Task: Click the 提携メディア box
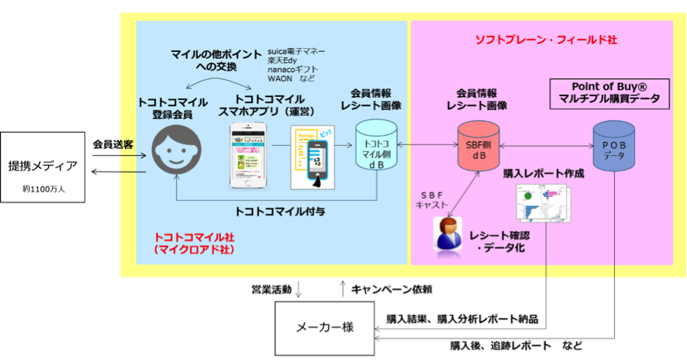coord(43,167)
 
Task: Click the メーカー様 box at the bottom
coord(325,327)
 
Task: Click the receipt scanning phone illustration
coord(312,157)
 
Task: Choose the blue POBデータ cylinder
coord(613,146)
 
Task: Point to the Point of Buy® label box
coord(609,92)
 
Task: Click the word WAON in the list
coord(280,79)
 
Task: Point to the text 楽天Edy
coord(284,61)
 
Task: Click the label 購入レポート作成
coord(543,173)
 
